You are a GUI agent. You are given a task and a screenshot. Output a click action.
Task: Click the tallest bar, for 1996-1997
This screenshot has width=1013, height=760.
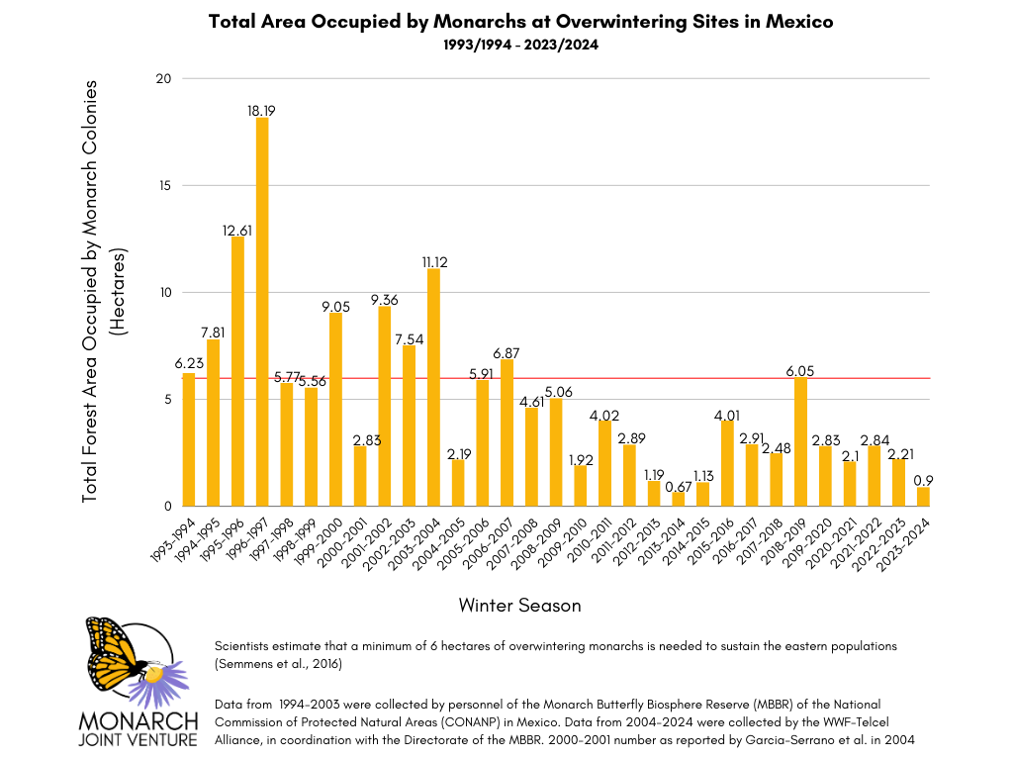[x=262, y=312]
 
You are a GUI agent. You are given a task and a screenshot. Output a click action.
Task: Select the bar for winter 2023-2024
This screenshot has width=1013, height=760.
[x=923, y=496]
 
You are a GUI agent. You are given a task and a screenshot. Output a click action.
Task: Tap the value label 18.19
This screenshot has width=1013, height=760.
[x=262, y=111]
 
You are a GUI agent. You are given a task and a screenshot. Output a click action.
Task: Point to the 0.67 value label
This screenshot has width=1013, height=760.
[x=678, y=485]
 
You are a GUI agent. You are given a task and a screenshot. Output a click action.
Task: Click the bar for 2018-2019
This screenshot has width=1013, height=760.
[x=800, y=441]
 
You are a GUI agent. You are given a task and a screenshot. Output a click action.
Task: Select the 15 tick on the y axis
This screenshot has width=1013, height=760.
[x=166, y=186]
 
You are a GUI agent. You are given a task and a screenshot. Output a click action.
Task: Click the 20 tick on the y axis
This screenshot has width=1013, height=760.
[x=166, y=79]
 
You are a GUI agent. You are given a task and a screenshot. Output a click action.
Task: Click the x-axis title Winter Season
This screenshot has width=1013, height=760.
[x=519, y=604]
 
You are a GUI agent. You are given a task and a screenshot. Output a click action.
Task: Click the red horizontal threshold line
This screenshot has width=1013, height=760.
[x=554, y=378]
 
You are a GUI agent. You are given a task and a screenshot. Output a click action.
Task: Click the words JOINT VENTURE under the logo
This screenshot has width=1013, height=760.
[x=139, y=739]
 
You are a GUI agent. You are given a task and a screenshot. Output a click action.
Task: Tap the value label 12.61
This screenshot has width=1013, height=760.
[x=237, y=230]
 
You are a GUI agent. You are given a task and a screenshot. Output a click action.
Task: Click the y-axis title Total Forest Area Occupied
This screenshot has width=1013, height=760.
[x=91, y=292]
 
